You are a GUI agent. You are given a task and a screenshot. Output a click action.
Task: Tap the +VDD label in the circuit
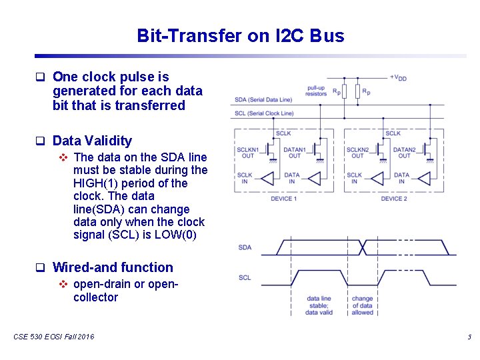pyautogui.click(x=398, y=77)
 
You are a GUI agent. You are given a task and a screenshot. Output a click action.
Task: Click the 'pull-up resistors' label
pyautogui.click(x=317, y=91)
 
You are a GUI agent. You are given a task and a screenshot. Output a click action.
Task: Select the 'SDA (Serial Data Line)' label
pyautogui.click(x=263, y=100)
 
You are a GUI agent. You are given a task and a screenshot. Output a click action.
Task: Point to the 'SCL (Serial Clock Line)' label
pyautogui.click(x=265, y=113)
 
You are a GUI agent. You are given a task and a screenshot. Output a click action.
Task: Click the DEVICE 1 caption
pyautogui.click(x=283, y=199)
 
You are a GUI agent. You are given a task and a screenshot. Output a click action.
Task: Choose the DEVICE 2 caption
pyautogui.click(x=393, y=199)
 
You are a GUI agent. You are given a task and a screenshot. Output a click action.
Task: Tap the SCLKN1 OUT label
pyautogui.click(x=248, y=153)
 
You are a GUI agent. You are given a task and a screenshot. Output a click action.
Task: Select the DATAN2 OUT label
pyautogui.click(x=404, y=153)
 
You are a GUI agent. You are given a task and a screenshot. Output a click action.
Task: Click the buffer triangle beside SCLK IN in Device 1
pyautogui.click(x=267, y=178)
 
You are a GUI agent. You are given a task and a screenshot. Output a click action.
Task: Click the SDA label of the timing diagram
pyautogui.click(x=245, y=247)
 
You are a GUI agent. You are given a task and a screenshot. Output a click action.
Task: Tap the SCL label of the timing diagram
pyautogui.click(x=245, y=277)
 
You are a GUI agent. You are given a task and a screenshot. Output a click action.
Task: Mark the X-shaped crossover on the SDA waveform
pyautogui.click(x=363, y=247)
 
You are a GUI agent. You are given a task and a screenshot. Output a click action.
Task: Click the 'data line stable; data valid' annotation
pyautogui.click(x=319, y=305)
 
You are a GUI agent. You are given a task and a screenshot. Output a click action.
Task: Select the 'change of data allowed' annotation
pyautogui.click(x=362, y=305)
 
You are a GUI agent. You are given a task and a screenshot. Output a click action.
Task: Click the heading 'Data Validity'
pyautogui.click(x=92, y=141)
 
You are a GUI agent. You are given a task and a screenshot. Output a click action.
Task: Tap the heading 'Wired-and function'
pyautogui.click(x=113, y=267)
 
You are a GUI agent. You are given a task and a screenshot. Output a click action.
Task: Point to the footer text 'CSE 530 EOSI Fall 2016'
pyautogui.click(x=53, y=337)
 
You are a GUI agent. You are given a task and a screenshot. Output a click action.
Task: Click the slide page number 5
pyautogui.click(x=469, y=337)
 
